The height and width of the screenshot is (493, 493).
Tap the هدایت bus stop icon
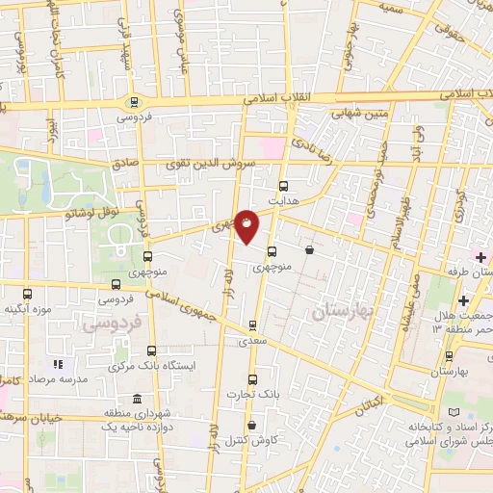pos(283,187)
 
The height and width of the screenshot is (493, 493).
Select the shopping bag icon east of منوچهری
pos(308,250)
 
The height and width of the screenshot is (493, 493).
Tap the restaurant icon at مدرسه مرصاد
pos(58,364)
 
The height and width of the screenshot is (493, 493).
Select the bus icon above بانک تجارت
pos(252,379)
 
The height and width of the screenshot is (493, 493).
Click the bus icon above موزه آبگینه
pos(26,295)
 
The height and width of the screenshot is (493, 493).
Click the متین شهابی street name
pos(358,112)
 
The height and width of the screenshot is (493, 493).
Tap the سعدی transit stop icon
pos(252,324)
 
